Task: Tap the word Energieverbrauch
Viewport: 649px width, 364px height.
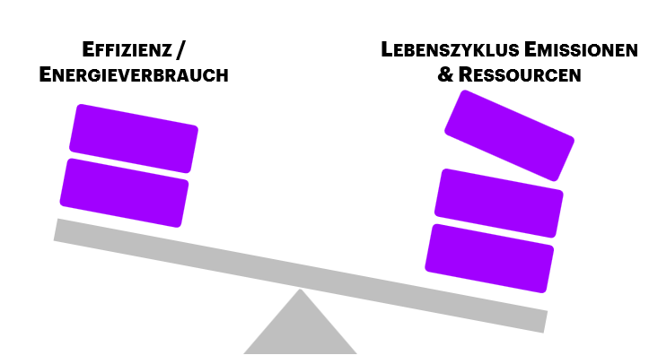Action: coord(134,75)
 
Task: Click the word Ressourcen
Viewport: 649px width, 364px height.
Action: coord(520,75)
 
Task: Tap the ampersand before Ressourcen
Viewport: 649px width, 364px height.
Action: coord(445,75)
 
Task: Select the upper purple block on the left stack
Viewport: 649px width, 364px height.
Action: coord(134,138)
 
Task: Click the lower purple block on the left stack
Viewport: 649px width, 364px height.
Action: coord(124,192)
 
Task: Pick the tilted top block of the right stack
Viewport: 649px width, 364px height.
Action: coord(509,134)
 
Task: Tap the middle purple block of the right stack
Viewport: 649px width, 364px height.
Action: coord(500,203)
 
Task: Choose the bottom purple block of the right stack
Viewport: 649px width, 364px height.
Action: coord(489,258)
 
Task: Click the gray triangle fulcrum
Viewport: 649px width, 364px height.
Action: coord(300,332)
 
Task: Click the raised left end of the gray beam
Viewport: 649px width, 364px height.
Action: coord(63,230)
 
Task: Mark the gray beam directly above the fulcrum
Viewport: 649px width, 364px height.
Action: coord(300,275)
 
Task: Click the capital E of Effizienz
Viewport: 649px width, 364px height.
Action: coord(88,49)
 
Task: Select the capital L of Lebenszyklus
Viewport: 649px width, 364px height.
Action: coord(386,49)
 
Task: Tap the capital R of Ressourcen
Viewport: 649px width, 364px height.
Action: coord(466,75)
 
